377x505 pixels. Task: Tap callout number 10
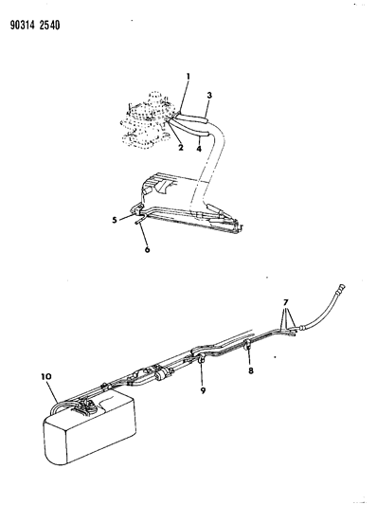point(45,378)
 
